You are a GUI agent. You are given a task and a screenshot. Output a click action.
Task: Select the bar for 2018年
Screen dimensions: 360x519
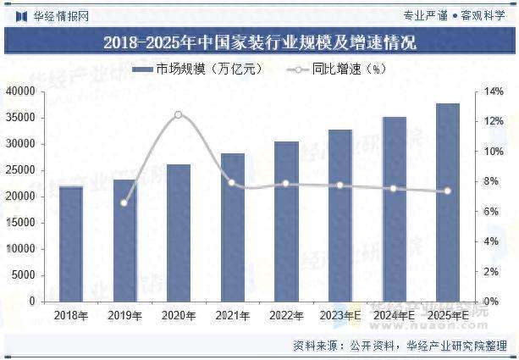(x=70, y=243)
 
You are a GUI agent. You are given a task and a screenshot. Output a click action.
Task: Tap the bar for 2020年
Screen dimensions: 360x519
(x=178, y=232)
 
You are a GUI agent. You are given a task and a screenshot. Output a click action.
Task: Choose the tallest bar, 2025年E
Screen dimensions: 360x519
(x=447, y=202)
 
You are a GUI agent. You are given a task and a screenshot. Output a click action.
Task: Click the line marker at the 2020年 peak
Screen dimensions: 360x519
(x=178, y=114)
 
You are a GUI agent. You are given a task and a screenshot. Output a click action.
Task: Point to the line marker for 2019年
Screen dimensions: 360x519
(x=124, y=202)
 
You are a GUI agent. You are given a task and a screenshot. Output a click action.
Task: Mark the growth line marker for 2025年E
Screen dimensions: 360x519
(x=447, y=191)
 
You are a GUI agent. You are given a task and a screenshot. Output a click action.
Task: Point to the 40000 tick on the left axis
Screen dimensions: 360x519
(x=21, y=91)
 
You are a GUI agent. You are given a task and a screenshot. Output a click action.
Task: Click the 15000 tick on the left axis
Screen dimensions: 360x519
(x=21, y=222)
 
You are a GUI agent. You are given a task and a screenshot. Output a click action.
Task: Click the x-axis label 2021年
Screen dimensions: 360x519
(x=232, y=316)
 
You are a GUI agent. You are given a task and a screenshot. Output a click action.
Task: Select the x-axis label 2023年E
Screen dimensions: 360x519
(x=340, y=316)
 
